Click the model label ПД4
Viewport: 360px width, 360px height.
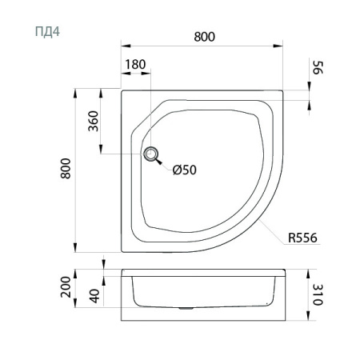[47, 31]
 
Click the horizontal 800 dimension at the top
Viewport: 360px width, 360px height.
[204, 37]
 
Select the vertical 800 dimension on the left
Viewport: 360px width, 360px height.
[66, 168]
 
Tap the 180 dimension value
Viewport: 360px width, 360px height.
[135, 64]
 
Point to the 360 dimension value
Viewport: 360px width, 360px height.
[94, 121]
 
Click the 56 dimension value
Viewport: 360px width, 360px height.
[318, 68]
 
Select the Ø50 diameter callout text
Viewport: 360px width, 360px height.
[185, 170]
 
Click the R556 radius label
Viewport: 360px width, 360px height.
[302, 238]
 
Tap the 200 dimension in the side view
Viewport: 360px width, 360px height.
[66, 287]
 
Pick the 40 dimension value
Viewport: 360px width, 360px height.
[94, 296]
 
